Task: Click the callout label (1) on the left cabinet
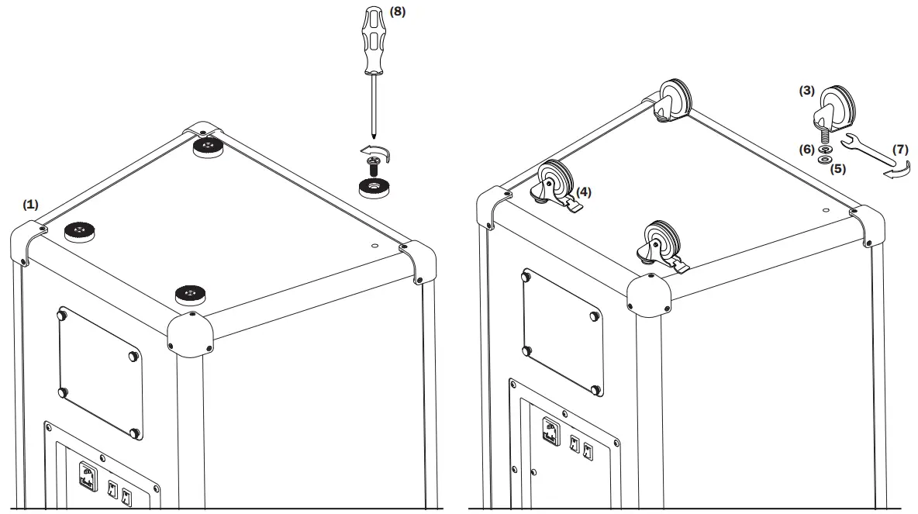click(x=30, y=204)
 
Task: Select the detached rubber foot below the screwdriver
click(x=374, y=187)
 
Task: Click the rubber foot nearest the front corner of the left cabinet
click(x=190, y=294)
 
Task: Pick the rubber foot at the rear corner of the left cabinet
click(x=207, y=147)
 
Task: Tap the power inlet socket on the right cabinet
click(x=550, y=432)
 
